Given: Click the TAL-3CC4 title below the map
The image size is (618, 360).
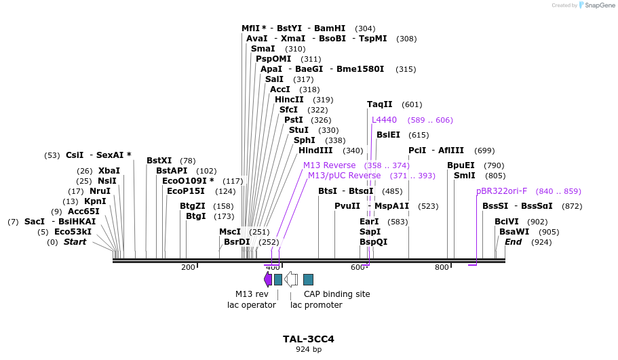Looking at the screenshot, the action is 308,339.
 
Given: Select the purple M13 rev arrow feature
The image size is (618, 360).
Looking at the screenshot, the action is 267,279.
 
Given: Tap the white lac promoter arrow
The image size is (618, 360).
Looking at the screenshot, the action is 291,279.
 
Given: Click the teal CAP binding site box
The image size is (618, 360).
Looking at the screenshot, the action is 308,279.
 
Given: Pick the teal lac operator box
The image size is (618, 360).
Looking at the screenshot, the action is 278,279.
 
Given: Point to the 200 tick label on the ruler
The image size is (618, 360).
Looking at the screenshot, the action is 188,267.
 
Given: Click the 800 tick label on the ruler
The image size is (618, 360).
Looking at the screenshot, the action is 442,267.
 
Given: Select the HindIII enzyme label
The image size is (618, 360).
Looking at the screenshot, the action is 315,151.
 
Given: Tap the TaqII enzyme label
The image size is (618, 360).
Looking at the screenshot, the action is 379,104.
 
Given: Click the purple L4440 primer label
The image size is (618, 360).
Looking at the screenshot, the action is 384,120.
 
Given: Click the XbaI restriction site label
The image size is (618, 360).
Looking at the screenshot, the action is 109,171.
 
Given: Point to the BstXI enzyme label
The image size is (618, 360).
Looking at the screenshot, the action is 159,160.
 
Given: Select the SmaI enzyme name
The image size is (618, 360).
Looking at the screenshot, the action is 263,48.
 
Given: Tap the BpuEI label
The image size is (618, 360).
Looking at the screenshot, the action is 461,165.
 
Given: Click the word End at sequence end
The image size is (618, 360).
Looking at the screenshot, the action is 513,242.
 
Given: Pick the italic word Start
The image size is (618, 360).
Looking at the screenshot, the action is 75,242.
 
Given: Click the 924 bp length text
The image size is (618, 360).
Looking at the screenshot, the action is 309,349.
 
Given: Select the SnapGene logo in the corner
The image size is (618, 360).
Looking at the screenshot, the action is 597,5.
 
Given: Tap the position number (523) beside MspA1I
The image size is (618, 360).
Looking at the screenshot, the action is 428,206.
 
